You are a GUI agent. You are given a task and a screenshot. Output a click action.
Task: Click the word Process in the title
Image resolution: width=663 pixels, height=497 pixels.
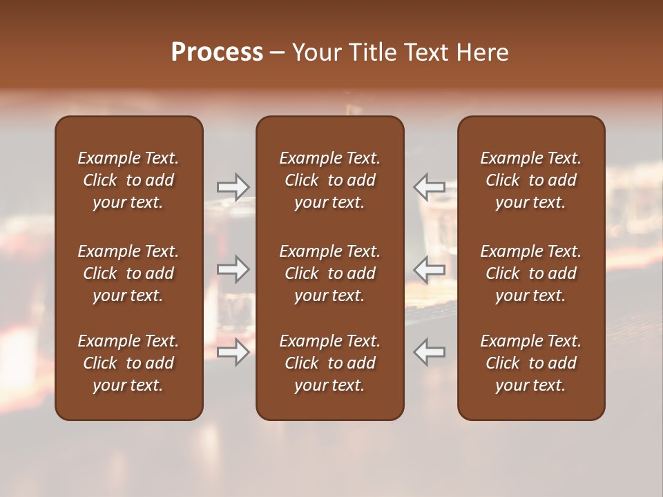217,52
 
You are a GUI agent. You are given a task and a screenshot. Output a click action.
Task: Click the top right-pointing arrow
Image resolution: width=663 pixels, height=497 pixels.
233,186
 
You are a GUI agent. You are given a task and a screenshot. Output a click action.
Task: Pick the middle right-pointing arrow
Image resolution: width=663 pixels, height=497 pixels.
233,269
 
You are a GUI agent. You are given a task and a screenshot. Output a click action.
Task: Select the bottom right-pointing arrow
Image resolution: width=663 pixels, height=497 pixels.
233,352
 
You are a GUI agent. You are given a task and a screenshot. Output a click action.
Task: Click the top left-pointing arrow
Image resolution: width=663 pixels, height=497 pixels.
429,186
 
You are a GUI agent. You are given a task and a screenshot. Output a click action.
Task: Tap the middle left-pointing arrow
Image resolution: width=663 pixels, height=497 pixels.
429,269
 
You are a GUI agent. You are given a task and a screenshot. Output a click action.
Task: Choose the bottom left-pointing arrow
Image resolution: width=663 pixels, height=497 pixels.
429,352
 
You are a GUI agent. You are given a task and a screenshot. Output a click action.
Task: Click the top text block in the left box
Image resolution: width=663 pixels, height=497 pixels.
128,180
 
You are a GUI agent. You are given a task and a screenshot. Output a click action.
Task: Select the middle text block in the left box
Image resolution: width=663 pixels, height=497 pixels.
128,273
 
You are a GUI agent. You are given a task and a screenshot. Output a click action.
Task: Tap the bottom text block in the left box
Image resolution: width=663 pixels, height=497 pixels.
128,363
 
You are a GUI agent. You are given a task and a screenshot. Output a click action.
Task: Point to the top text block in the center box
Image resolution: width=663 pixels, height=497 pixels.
330,180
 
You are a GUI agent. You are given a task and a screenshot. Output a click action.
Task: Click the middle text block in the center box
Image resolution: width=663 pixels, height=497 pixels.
330,273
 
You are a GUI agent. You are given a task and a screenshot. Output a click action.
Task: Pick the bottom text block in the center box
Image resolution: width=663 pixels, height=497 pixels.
330,363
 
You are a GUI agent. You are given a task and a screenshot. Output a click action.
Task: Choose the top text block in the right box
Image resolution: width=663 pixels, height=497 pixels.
531,180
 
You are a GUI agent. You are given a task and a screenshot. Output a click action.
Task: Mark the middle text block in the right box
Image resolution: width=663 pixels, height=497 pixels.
531,273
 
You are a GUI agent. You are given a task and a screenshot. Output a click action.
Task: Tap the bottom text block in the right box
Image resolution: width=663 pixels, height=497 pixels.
531,363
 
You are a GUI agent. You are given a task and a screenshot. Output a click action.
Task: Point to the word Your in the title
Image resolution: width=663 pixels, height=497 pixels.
315,52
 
